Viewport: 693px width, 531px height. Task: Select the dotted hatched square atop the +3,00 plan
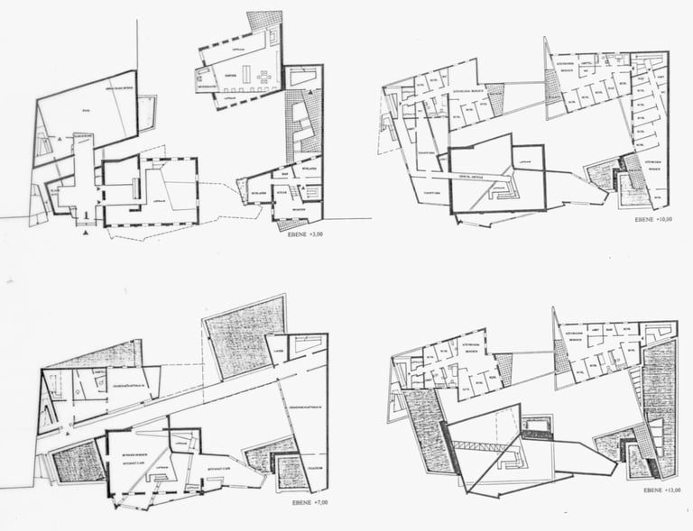coord(264,21)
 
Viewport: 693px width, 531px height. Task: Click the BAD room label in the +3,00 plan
coord(285,172)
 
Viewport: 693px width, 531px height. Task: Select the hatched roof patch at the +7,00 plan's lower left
coord(79,461)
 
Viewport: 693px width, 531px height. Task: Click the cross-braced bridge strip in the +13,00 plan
coord(484,444)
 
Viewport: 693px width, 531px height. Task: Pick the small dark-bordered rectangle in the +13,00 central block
coord(538,424)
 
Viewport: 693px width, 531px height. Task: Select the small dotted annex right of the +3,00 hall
coord(146,113)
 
